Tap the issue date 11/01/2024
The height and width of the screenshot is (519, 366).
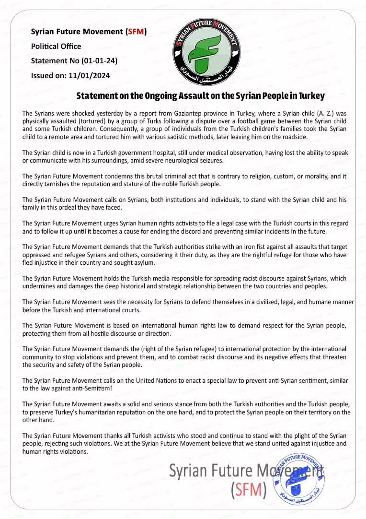point(91,76)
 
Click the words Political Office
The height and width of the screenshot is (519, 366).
point(56,47)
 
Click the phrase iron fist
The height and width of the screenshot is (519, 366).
point(257,247)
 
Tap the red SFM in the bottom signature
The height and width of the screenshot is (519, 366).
point(249,490)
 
